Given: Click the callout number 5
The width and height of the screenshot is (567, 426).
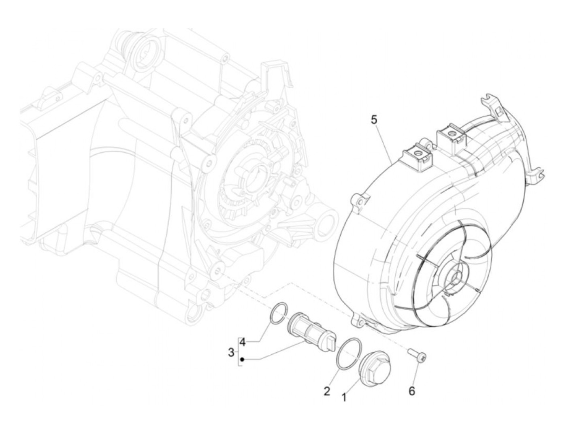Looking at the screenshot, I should click(x=374, y=120).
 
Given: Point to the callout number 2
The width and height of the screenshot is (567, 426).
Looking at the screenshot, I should click(x=327, y=391).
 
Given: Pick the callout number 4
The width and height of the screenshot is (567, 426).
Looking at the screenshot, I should click(x=242, y=343).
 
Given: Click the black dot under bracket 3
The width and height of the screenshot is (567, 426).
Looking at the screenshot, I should click(x=242, y=359).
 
